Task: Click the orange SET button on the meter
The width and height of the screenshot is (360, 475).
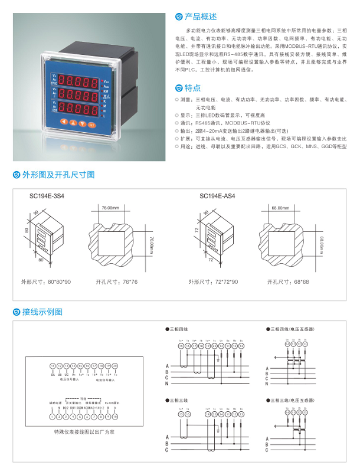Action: pyautogui.click(x=91, y=125)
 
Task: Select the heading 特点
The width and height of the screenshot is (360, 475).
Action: pyautogui.click(x=192, y=88)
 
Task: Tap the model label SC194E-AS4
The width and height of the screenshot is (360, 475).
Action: pyautogui.click(x=217, y=196)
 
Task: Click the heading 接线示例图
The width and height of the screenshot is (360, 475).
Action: pyautogui.click(x=42, y=312)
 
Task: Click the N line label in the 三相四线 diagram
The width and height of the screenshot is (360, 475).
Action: pyautogui.click(x=167, y=384)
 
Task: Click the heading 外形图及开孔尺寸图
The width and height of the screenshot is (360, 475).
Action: pyautogui.click(x=58, y=175)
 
